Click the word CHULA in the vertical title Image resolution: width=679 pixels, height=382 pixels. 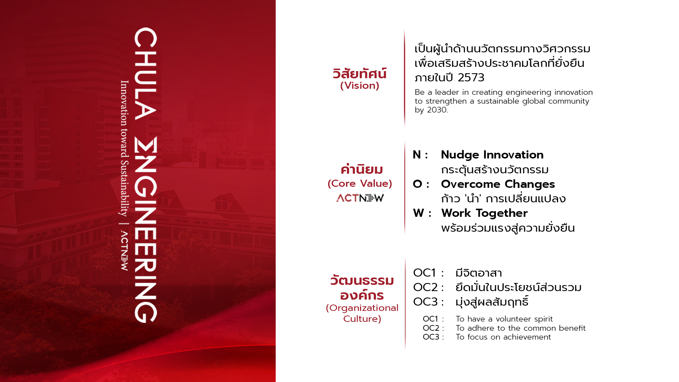pyautogui.click(x=145, y=74)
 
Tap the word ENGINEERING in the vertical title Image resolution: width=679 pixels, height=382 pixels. pyautogui.click(x=145, y=230)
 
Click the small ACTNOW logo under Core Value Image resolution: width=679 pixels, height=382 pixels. pyautogui.click(x=360, y=198)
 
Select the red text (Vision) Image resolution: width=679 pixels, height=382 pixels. pyautogui.click(x=360, y=86)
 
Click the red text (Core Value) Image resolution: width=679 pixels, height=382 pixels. pyautogui.click(x=360, y=184)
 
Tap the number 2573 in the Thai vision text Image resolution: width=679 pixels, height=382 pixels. pyautogui.click(x=471, y=77)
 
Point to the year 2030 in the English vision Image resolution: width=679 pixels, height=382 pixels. pyautogui.click(x=437, y=110)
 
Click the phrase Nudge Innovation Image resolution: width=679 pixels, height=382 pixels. pyautogui.click(x=492, y=155)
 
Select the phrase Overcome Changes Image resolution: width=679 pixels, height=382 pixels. pyautogui.click(x=498, y=184)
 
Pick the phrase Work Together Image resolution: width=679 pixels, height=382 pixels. pyautogui.click(x=484, y=213)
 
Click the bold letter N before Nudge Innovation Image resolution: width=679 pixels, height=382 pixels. pyautogui.click(x=417, y=155)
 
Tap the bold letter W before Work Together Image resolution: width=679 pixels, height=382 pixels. pyautogui.click(x=418, y=213)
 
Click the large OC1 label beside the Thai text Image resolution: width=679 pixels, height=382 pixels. pyautogui.click(x=424, y=273)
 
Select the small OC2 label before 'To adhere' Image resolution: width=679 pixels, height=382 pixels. pyautogui.click(x=431, y=328)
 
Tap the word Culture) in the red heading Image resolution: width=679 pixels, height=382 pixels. pyautogui.click(x=362, y=319)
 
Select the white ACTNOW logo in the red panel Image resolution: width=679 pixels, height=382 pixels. pyautogui.click(x=124, y=251)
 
